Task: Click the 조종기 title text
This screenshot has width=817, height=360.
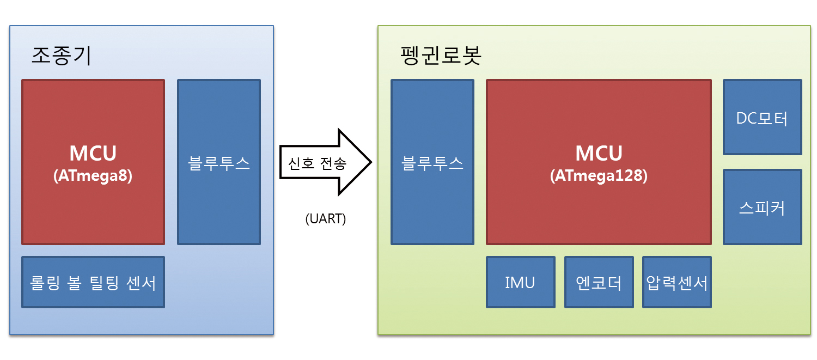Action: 61,56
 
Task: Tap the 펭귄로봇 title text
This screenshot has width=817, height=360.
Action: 441,56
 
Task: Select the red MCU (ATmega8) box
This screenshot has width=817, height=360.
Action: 93,162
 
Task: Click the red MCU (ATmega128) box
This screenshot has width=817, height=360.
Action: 599,162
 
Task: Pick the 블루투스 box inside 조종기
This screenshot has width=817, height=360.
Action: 219,162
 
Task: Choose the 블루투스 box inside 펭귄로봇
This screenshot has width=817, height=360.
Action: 432,162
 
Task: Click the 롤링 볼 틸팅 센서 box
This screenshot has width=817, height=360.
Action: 93,282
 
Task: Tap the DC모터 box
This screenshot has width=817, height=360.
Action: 763,117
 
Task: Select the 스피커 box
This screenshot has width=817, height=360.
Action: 763,207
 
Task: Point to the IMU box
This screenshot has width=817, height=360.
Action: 521,282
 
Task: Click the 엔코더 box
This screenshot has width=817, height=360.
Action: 599,282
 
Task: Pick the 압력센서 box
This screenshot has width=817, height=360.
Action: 677,282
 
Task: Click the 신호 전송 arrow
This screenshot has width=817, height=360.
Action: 325,162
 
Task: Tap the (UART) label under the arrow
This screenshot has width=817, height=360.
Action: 325,218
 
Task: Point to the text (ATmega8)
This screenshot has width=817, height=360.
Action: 93,176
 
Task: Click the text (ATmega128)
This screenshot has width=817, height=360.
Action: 599,176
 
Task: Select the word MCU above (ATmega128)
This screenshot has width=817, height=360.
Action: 599,153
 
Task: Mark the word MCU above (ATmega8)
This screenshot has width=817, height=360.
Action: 93,153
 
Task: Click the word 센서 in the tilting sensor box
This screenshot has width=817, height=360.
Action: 141,283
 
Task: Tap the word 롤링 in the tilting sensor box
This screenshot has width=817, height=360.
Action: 45,283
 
